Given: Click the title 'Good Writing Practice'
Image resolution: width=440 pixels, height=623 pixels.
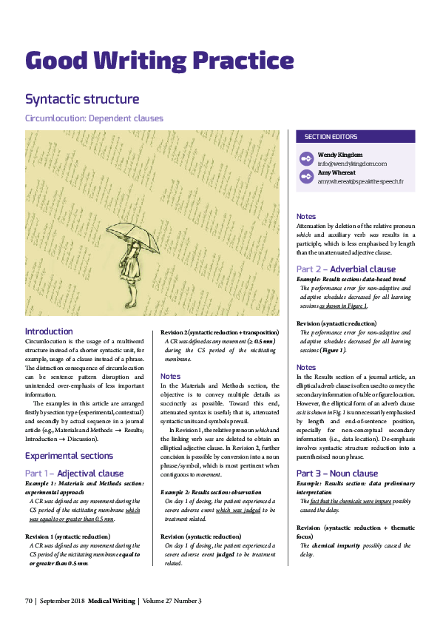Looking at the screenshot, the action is (159, 60).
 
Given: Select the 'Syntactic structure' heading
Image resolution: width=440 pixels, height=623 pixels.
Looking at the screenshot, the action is (82, 99).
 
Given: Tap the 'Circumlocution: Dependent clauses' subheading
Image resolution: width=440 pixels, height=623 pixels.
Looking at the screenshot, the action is (94, 118).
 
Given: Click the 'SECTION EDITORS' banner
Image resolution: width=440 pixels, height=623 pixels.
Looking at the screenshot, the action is (331, 137).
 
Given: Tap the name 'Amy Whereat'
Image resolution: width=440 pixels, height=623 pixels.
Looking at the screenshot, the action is (337, 172).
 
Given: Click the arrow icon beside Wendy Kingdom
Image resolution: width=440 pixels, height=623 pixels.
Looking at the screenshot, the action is (306, 158).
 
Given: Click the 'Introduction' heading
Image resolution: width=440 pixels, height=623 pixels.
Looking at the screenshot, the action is (49, 331).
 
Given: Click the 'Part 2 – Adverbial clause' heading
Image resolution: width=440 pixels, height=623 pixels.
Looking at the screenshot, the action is (345, 269).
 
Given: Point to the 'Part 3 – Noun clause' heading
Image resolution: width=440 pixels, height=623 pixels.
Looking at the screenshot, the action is (336, 474).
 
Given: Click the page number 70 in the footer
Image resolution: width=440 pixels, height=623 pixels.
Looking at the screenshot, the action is (30, 602).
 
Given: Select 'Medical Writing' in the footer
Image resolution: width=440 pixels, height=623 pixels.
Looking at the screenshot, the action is (111, 602).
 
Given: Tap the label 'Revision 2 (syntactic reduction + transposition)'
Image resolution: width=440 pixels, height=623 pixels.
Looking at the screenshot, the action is (219, 332).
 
